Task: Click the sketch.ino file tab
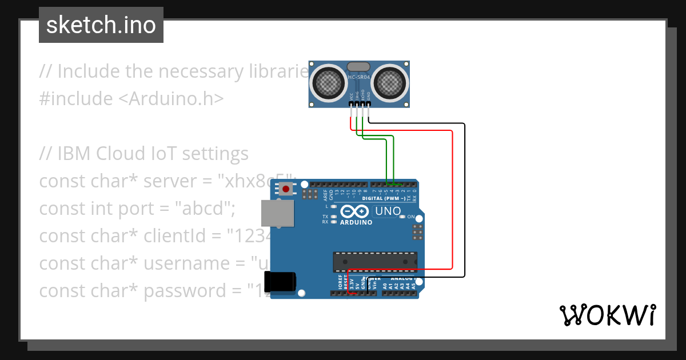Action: point(101,25)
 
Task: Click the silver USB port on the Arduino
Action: point(277,213)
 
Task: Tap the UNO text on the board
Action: point(388,211)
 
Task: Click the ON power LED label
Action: point(410,217)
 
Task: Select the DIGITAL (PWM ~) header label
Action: point(384,198)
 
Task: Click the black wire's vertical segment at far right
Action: point(464,200)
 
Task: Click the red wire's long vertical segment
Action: point(453,200)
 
